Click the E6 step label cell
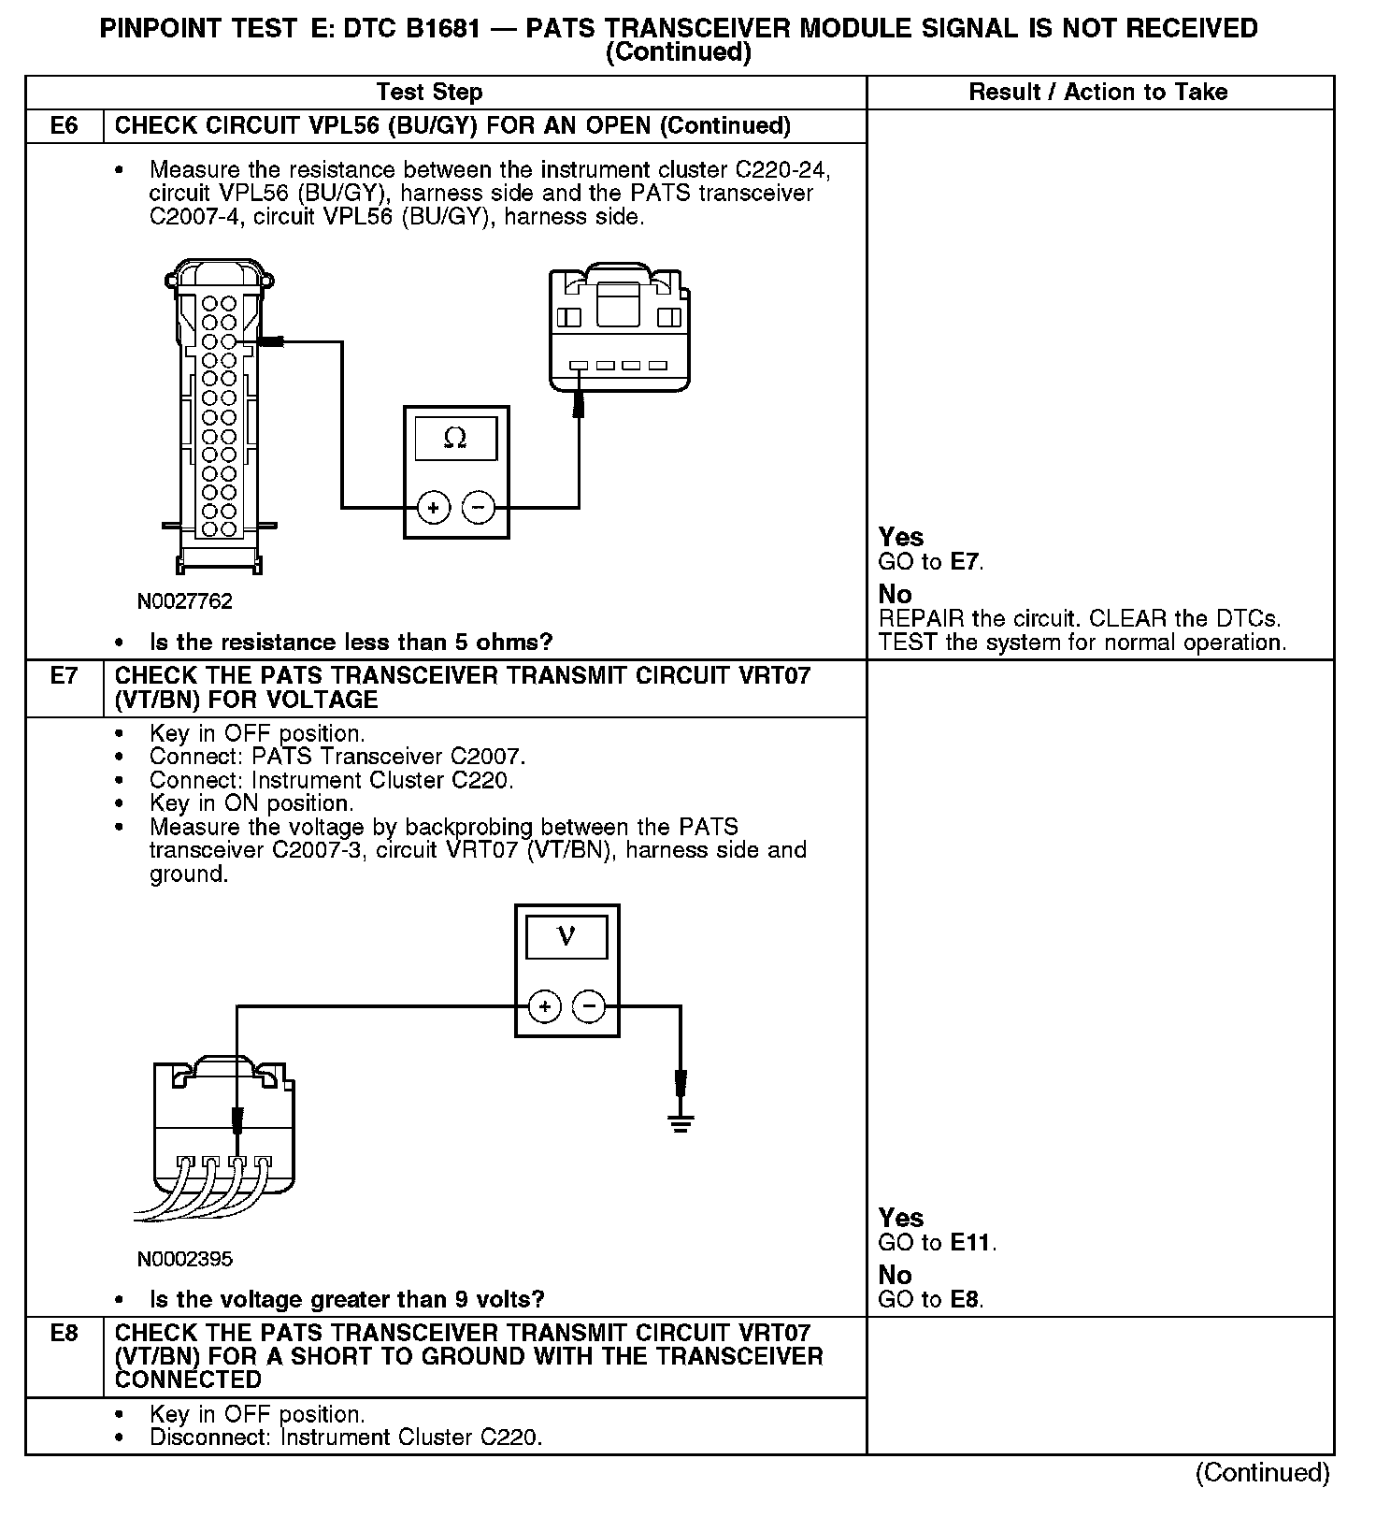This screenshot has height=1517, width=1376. point(64,125)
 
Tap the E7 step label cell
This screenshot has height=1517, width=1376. point(64,675)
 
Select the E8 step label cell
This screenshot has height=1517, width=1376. point(64,1333)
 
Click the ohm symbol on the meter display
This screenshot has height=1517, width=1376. point(455,438)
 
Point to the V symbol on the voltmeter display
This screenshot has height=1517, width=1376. point(566,936)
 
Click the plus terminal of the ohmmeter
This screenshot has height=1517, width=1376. point(433,508)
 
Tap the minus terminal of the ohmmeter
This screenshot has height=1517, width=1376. point(478,508)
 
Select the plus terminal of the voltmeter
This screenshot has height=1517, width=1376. point(544,1006)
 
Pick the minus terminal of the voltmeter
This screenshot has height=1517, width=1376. point(589,1006)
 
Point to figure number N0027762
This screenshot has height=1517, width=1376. point(184,601)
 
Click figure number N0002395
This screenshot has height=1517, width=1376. point(184,1259)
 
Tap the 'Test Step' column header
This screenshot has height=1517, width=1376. point(429,92)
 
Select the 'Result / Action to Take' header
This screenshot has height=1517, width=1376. point(1098,92)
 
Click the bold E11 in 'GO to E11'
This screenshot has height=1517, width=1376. point(971,1243)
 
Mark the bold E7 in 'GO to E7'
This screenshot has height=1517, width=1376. point(966,562)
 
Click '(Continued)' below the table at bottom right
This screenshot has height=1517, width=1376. point(1262,1472)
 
